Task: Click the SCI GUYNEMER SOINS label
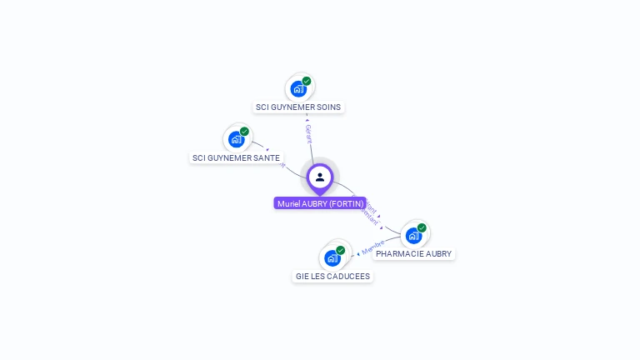pos(298,107)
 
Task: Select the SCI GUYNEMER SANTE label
pos(236,157)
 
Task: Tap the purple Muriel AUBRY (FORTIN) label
pos(320,203)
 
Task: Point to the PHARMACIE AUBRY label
pos(413,253)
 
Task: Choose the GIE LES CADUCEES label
pos(332,276)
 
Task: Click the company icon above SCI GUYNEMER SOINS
pos(298,88)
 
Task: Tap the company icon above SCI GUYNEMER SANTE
pos(236,139)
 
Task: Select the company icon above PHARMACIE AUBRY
pos(413,235)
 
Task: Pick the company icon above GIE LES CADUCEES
pos(332,257)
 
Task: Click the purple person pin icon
pos(320,177)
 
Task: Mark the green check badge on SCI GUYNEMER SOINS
pos(307,81)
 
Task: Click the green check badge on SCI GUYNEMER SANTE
pos(244,132)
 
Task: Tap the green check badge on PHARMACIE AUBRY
pos(422,227)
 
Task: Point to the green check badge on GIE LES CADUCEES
pos(340,250)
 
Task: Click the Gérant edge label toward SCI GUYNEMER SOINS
pos(308,133)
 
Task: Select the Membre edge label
pos(372,247)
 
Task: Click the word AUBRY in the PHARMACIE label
pos(438,253)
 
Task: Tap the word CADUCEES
pos(350,276)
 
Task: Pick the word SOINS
pos(328,107)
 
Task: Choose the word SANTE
pos(267,157)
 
